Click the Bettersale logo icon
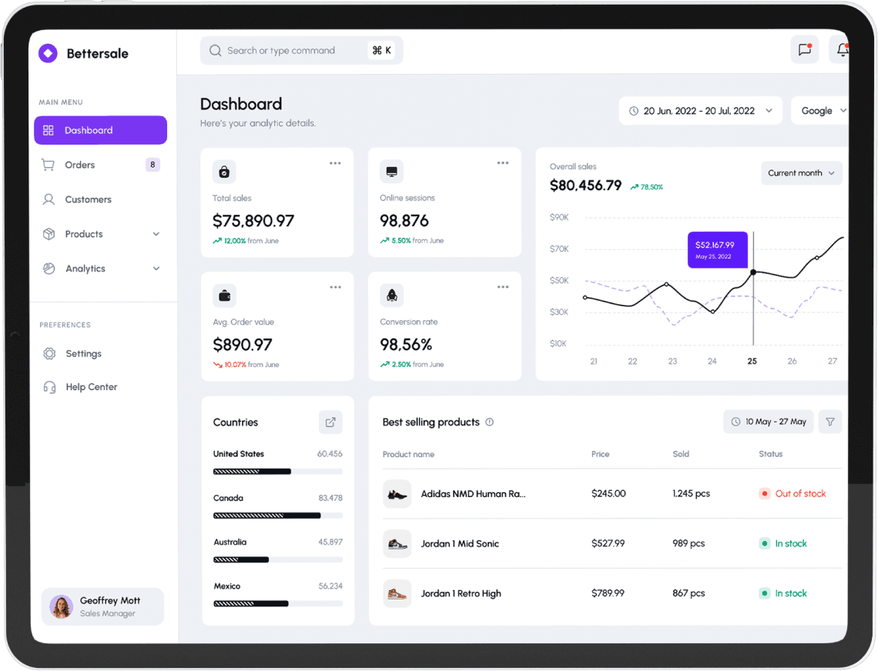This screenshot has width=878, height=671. click(48, 53)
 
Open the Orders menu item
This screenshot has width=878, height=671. click(80, 165)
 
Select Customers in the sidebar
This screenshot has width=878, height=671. click(88, 199)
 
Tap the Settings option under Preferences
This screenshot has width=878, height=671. click(83, 353)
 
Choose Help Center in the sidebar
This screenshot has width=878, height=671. click(91, 387)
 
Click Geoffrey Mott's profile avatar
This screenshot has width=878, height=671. click(61, 606)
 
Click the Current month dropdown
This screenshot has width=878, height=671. click(801, 173)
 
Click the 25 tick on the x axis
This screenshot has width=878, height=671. click(752, 361)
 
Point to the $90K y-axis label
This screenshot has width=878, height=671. click(559, 217)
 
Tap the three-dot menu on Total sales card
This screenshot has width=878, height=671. click(335, 163)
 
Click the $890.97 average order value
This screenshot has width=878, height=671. click(243, 344)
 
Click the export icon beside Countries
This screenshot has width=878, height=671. click(330, 422)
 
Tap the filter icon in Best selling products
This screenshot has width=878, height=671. click(829, 422)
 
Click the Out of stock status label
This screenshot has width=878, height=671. click(799, 493)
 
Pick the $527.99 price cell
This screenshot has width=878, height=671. click(608, 543)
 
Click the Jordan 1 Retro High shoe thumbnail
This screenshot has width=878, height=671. click(397, 593)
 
